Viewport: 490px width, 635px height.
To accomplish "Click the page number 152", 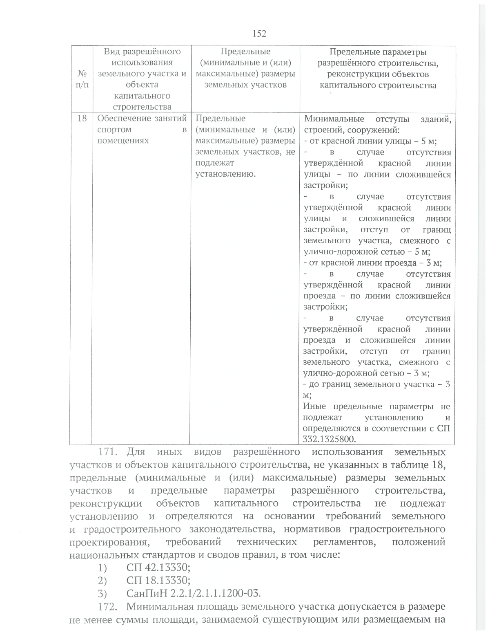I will [x=259, y=34].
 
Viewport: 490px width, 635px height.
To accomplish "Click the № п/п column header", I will [x=82, y=79].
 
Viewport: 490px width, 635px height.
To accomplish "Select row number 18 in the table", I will [x=82, y=119].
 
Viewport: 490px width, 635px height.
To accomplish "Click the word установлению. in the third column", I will [x=226, y=174].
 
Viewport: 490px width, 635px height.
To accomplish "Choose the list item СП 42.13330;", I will [x=158, y=568].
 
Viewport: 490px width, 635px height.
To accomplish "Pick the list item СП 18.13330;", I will [x=158, y=580].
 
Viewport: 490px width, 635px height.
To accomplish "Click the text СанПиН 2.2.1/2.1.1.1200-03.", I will [x=194, y=593].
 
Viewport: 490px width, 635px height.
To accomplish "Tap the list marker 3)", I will [x=102, y=593].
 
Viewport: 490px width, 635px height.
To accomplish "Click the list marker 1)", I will [x=102, y=568].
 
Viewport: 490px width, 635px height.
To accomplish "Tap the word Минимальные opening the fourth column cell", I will [x=334, y=119].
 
